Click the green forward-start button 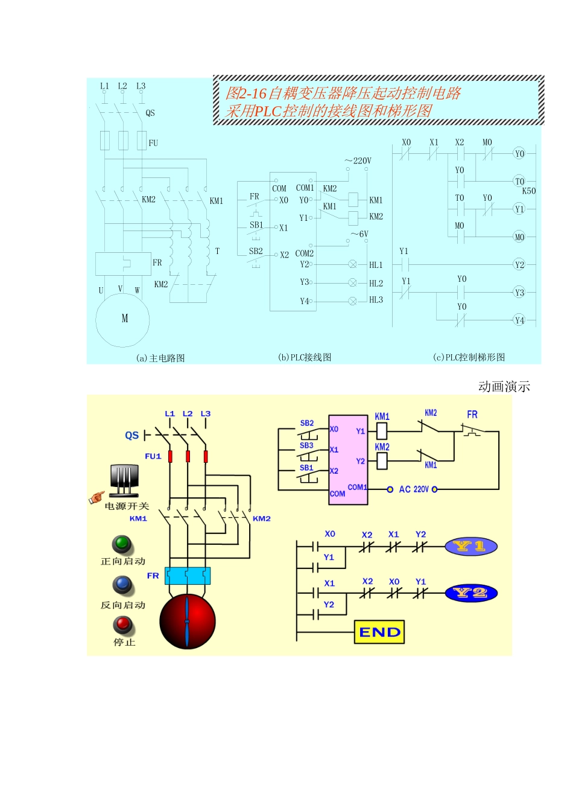[x=122, y=544]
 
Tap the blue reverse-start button [x=122, y=585]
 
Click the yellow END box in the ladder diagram [x=379, y=632]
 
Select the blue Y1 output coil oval [x=471, y=547]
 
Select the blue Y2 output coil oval [x=471, y=593]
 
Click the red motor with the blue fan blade [x=187, y=622]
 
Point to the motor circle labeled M [x=123, y=319]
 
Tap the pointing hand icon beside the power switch [x=96, y=498]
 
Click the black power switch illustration [x=124, y=480]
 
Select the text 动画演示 [x=504, y=387]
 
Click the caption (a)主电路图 [x=160, y=358]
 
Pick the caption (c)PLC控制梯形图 [x=469, y=357]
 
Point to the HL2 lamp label [x=376, y=283]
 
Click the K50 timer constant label [x=528, y=191]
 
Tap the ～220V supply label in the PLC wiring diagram [x=358, y=161]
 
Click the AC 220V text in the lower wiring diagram [x=413, y=489]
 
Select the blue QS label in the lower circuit [x=131, y=435]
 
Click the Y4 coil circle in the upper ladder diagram [x=519, y=320]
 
